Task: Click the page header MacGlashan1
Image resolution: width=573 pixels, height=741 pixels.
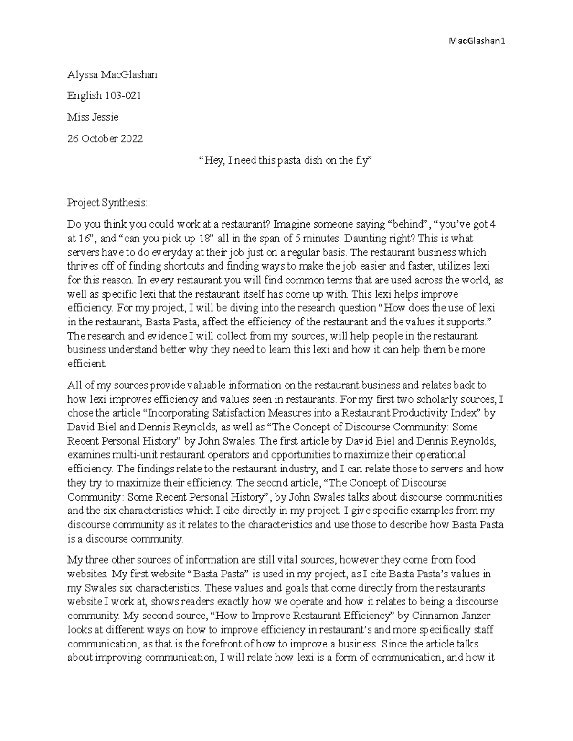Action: click(x=477, y=41)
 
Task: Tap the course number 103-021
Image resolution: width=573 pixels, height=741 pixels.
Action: click(x=123, y=96)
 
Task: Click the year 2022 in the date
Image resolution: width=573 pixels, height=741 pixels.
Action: click(x=131, y=139)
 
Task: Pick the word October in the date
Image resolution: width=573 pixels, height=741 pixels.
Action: click(x=99, y=139)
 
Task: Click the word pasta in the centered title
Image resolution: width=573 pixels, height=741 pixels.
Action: click(x=288, y=160)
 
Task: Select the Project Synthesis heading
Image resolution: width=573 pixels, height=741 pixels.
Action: click(x=108, y=203)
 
